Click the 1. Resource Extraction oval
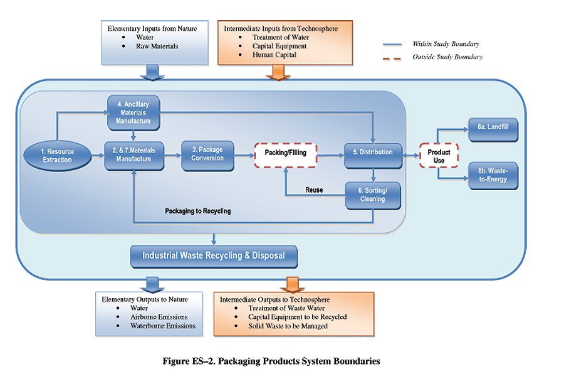tap(57, 154)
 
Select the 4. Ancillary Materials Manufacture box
tap(133, 112)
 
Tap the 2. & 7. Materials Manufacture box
tap(133, 154)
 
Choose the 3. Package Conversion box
tap(206, 154)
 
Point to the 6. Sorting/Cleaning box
tap(373, 195)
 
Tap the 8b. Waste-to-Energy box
tap(493, 176)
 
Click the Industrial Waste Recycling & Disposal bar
tap(213, 255)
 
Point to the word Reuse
tap(314, 190)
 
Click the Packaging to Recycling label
tap(198, 211)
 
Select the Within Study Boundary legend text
tap(446, 44)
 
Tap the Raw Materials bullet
tap(157, 46)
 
